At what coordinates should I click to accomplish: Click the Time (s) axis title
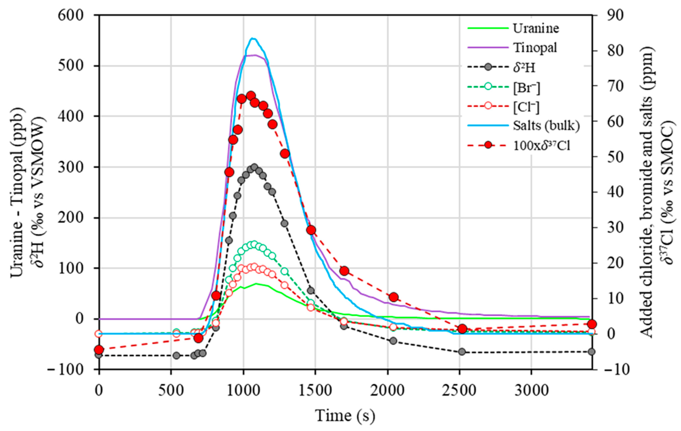click(345, 416)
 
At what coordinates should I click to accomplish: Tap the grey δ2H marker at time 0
click(99, 355)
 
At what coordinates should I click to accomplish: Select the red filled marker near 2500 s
click(462, 329)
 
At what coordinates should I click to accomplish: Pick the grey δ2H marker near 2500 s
click(462, 352)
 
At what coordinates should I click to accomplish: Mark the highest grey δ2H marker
click(254, 167)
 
